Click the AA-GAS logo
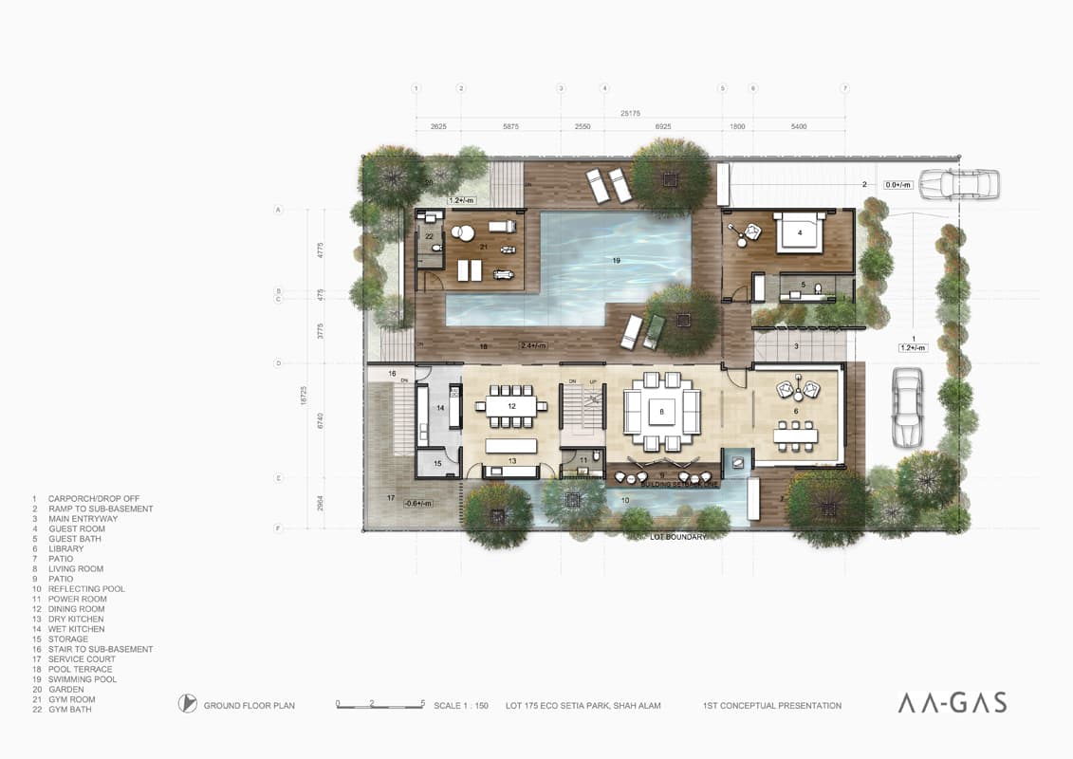point(952,703)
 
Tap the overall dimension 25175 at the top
point(630,114)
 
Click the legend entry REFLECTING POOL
point(78,589)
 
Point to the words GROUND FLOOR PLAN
point(249,706)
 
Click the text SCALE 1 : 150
point(461,706)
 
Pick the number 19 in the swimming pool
point(616,260)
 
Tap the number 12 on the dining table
point(511,406)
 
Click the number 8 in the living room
point(662,412)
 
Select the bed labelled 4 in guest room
point(799,232)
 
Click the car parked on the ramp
point(959,183)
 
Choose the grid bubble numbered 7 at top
point(844,88)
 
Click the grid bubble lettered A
point(279,209)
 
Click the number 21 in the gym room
point(483,248)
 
